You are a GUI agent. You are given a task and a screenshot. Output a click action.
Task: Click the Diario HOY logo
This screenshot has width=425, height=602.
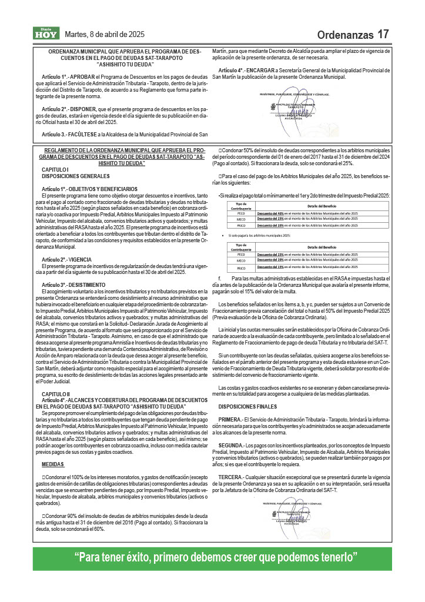click(45, 34)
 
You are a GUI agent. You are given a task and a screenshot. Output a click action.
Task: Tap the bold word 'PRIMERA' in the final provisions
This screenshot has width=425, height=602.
click(230, 419)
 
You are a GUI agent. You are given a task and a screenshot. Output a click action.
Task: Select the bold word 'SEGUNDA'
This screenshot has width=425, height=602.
click(231, 444)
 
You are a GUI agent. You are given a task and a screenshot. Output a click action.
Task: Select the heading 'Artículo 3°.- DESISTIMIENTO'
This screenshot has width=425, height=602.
click(73, 285)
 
